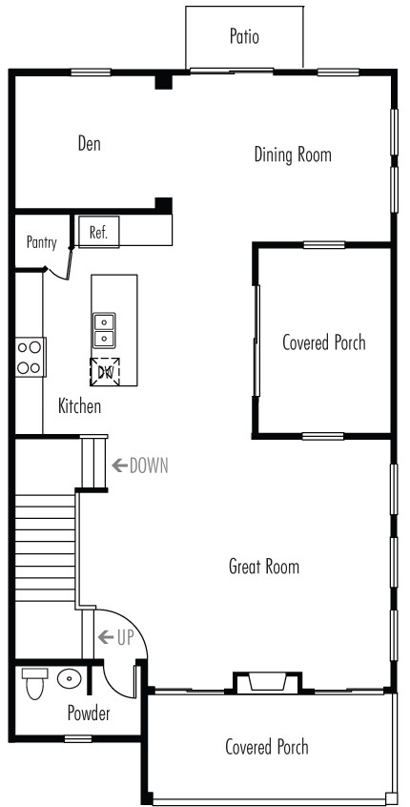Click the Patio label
[x=244, y=36]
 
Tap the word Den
[x=90, y=143]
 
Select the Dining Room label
[x=293, y=155]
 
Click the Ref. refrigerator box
[x=98, y=232]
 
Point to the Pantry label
[x=42, y=242]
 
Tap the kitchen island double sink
[x=104, y=330]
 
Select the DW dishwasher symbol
[x=105, y=372]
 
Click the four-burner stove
[x=30, y=357]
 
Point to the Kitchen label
[x=79, y=406]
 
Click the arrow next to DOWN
[x=120, y=466]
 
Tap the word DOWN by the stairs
[x=149, y=466]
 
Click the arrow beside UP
[x=106, y=637]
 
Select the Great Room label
[x=264, y=567]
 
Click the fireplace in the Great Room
[x=268, y=682]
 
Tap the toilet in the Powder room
[x=35, y=684]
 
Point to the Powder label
[x=89, y=714]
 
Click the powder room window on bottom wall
[x=78, y=739]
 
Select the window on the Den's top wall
[x=91, y=72]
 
